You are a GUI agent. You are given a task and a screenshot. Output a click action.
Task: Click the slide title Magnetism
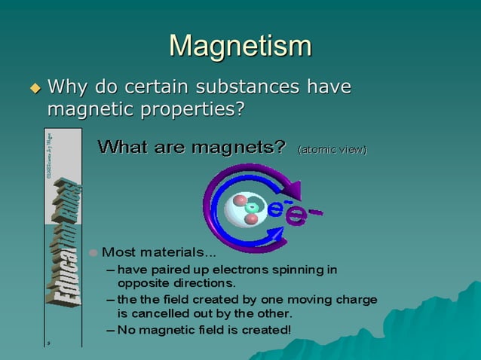point(240,46)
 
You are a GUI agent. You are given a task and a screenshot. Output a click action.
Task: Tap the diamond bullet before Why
point(33,89)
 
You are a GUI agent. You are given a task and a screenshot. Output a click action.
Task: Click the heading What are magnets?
point(191,147)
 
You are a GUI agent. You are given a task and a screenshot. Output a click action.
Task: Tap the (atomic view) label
point(332,149)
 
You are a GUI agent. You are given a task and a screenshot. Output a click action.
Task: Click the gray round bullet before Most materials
point(93,252)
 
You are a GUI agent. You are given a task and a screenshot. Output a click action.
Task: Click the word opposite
point(139,283)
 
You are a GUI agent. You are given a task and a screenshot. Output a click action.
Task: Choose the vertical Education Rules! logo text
point(63,241)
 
